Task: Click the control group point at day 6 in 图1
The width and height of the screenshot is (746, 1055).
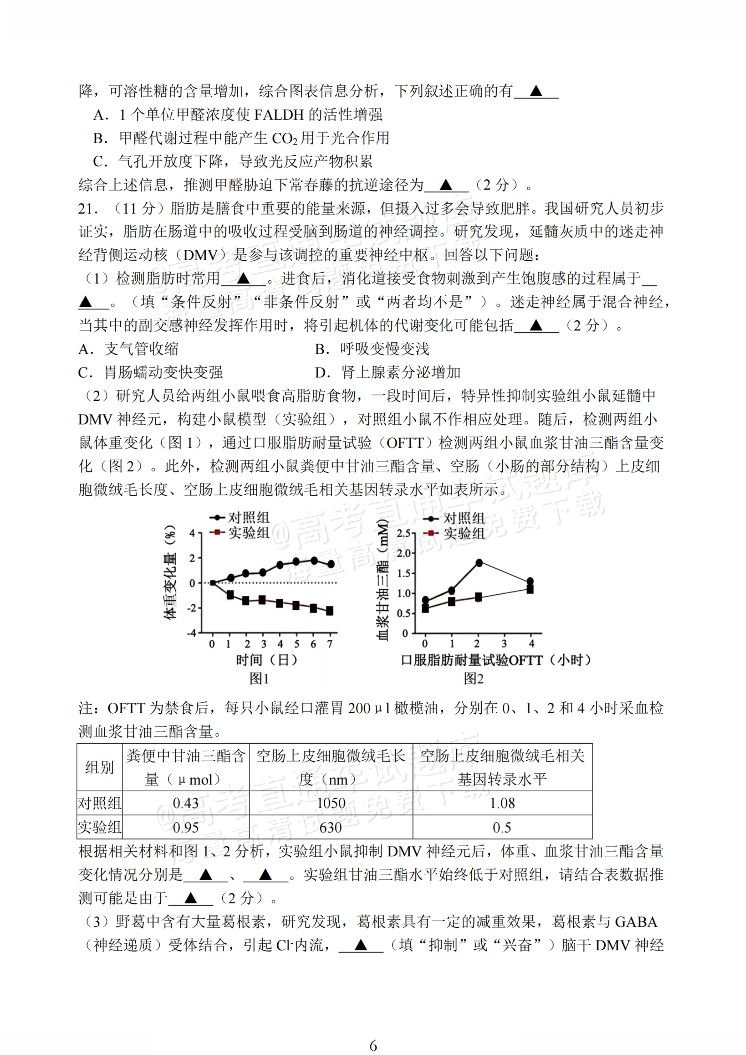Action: point(314,560)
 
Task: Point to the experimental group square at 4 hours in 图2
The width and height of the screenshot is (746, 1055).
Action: point(530,589)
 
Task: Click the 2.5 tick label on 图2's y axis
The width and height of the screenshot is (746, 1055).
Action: point(403,533)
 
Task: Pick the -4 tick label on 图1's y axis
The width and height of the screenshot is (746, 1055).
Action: point(191,633)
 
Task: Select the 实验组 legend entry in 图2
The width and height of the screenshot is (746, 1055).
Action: point(464,533)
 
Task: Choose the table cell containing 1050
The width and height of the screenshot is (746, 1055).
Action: point(331,803)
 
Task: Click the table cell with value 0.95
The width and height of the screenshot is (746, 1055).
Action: point(186,828)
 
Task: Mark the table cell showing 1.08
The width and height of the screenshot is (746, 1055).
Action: point(502,803)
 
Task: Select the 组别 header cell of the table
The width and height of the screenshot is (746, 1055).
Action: point(100,767)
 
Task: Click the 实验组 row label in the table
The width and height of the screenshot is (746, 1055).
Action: point(100,828)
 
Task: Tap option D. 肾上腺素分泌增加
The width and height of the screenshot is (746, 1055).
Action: point(387,372)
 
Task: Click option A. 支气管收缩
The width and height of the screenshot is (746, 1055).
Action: point(129,349)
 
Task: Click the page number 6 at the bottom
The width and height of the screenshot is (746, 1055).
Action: point(373,1046)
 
